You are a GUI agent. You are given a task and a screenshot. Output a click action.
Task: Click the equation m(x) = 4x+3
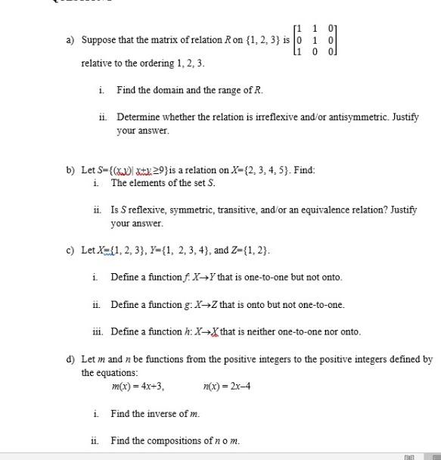[138, 387]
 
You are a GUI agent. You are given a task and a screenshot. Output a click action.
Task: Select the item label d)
[70, 359]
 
